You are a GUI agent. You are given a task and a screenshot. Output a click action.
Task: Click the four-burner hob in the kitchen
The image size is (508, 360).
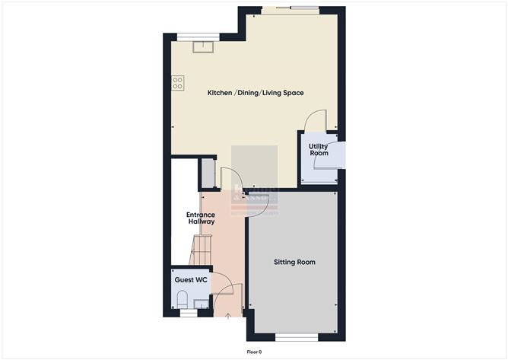(178, 82)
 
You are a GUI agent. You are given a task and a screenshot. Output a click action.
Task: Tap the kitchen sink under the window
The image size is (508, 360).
(203, 48)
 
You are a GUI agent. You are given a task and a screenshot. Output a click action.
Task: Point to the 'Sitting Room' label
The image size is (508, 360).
(294, 262)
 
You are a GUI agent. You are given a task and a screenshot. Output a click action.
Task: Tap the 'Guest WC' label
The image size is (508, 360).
(191, 280)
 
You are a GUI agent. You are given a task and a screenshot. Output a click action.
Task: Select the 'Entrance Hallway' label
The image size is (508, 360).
(201, 218)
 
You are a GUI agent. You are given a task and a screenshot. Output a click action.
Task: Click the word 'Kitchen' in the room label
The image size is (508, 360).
(221, 93)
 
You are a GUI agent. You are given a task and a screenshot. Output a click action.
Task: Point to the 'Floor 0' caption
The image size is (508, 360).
(254, 352)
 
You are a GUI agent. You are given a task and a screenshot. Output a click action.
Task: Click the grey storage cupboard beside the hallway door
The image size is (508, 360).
(208, 174)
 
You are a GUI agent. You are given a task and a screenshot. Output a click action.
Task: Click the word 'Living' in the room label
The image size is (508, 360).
(274, 93)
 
